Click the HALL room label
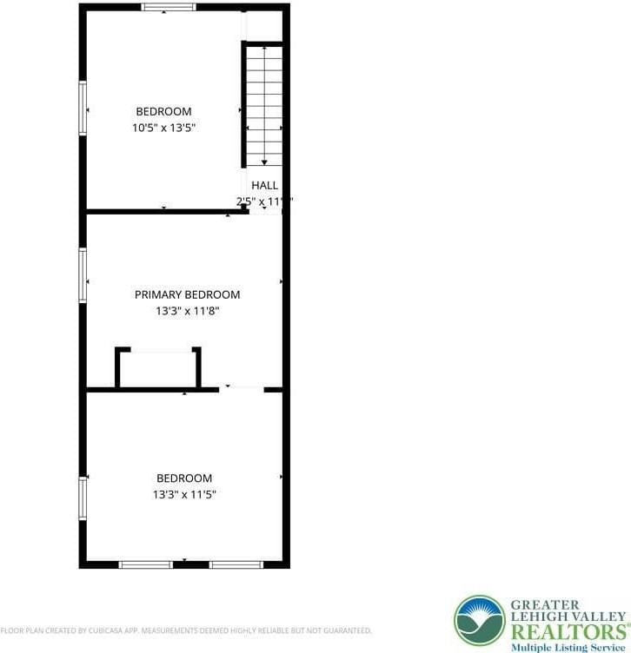tap(264, 185)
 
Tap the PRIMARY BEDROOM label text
tap(187, 294)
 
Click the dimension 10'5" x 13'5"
tap(163, 128)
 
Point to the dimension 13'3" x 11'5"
tap(183, 494)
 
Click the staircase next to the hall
tap(264, 104)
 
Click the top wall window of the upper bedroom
tap(169, 7)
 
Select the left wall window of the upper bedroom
tap(83, 108)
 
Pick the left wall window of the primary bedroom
tap(83, 275)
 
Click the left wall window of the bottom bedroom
tap(83, 498)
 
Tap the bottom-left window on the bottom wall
tap(145, 564)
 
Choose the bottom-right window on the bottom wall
tap(236, 564)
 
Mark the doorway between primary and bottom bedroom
tap(241, 389)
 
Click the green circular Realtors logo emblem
tap(480, 620)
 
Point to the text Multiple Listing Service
tap(568, 647)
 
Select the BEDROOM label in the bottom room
tap(183, 478)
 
